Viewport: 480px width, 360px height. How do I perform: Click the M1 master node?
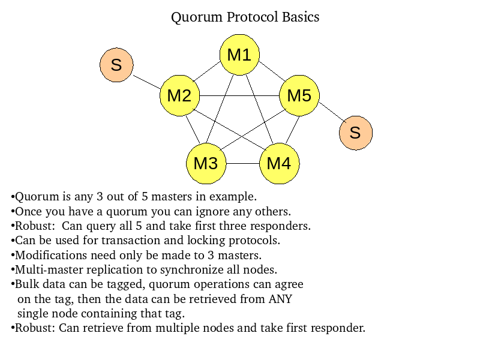[239, 55]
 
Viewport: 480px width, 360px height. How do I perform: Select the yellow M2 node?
[179, 95]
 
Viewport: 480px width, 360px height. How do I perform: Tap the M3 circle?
[206, 163]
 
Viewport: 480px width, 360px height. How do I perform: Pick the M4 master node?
[279, 163]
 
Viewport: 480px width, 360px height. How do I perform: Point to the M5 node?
[299, 95]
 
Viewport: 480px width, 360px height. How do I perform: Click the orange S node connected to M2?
[116, 65]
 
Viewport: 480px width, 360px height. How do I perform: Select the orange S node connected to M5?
[355, 133]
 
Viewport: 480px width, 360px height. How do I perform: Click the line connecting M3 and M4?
[242, 163]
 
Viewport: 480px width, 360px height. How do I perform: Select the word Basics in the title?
[301, 17]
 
